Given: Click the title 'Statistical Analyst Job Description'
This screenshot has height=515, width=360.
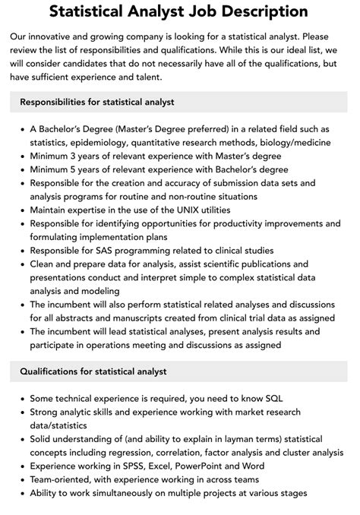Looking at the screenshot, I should tap(179, 13).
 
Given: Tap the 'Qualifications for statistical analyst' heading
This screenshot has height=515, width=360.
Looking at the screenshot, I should tap(93, 371).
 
